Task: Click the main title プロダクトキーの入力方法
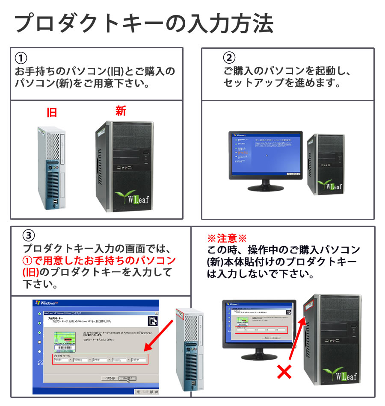(x=144, y=24)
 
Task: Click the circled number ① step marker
(x=21, y=57)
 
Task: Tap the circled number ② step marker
(x=229, y=57)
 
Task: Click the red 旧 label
(x=52, y=113)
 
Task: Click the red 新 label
(x=121, y=111)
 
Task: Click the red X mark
(x=284, y=372)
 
